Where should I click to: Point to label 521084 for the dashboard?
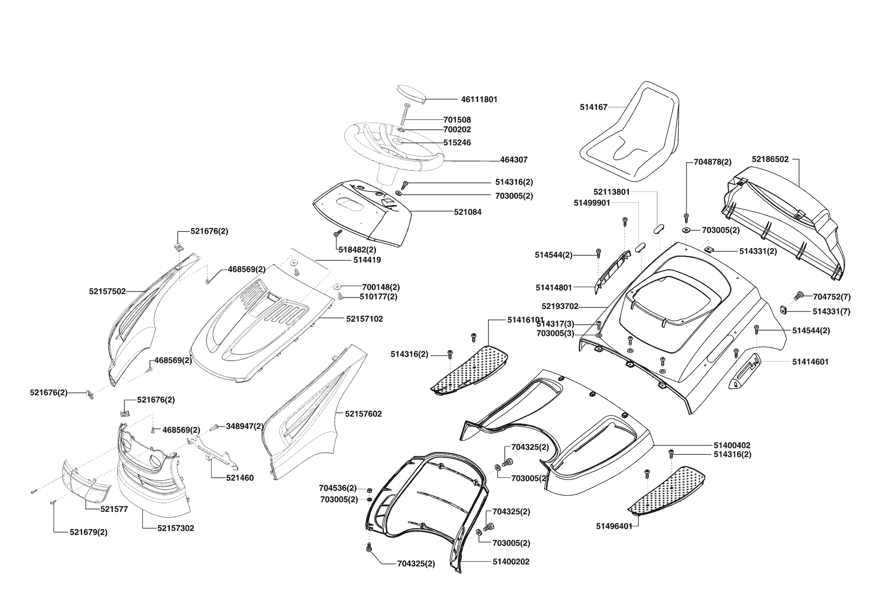coord(467,212)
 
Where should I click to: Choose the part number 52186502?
coord(770,159)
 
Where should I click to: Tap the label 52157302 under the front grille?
coord(176,528)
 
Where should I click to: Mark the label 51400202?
coord(511,561)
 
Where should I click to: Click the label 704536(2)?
coord(338,488)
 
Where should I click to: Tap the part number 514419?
coord(367,259)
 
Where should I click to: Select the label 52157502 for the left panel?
coord(107,292)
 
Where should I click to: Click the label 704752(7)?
coord(832,297)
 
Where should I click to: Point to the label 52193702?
coord(559,307)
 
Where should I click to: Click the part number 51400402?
coord(732,445)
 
